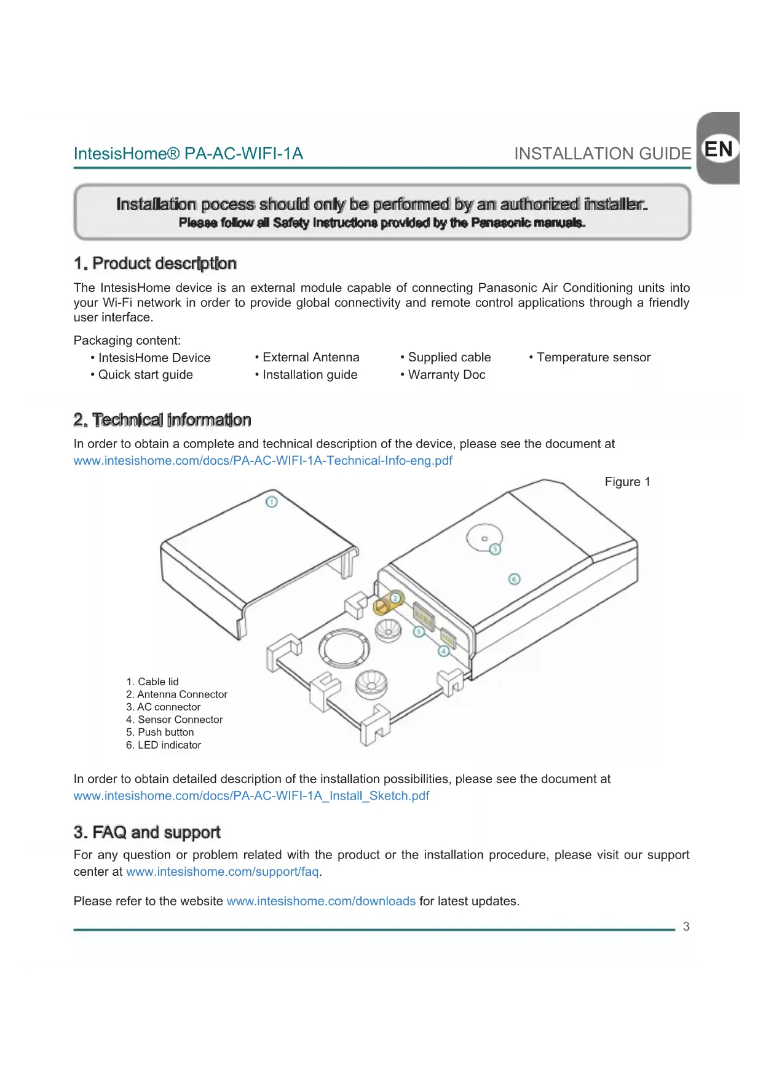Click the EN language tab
click(718, 149)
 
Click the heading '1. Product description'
click(155, 264)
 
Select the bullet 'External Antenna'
click(310, 357)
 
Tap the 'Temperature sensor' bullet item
click(593, 357)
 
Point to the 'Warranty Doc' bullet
click(446, 375)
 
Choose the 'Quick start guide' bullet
click(145, 375)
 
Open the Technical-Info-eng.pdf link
click(263, 461)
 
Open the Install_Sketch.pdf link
click(251, 796)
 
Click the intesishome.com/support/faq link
click(223, 871)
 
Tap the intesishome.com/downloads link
click(321, 901)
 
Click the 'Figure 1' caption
click(627, 482)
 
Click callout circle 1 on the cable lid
click(271, 502)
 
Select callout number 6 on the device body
click(515, 579)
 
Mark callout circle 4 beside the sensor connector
click(444, 651)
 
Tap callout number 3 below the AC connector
click(419, 631)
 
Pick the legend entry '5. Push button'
click(160, 732)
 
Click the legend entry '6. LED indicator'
click(164, 745)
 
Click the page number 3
click(686, 927)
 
